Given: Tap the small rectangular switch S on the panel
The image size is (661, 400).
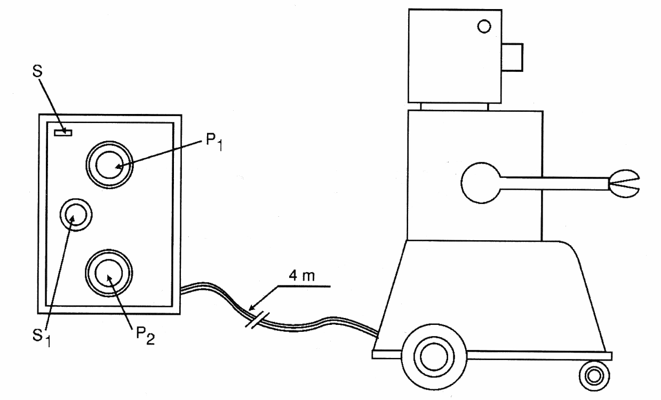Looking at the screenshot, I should (x=63, y=132).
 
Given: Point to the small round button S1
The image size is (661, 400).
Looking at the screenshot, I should (x=75, y=215).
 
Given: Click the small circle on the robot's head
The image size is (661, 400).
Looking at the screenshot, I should (x=484, y=26).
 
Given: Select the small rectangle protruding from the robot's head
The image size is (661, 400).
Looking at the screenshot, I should (x=513, y=57).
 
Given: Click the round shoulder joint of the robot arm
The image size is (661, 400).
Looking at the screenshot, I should (x=480, y=184).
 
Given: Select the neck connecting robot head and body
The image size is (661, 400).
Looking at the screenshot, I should (x=454, y=107).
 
